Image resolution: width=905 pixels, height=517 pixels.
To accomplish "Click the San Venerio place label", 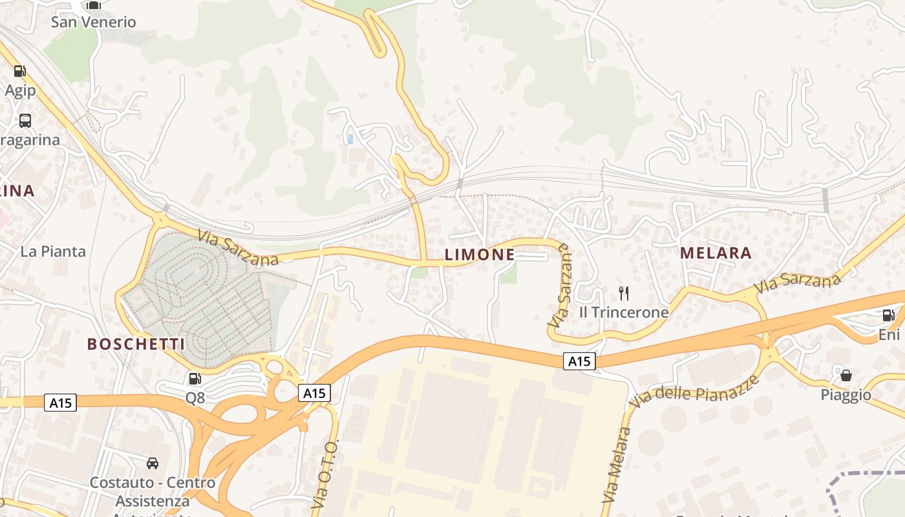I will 93,22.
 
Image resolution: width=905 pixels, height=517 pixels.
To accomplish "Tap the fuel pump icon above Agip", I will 20,71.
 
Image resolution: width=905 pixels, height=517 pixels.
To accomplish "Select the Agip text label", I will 20,90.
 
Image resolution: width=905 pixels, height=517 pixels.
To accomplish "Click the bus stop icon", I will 25,120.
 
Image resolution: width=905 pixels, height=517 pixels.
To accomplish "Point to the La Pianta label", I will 53,251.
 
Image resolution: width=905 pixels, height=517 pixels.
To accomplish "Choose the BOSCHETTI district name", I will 136,344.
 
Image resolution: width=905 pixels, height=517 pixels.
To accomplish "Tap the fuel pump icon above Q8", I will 195,379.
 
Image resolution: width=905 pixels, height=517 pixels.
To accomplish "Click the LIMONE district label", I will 480,255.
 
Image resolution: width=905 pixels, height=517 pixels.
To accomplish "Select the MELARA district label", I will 716,253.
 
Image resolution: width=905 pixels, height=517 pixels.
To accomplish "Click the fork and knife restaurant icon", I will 624,293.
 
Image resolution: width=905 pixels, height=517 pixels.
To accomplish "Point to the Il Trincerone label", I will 624,312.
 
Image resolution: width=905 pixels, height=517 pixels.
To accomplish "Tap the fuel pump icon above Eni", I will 889,315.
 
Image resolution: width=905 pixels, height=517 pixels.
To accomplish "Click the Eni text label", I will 889,334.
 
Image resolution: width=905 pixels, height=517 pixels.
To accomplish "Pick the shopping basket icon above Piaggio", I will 846,375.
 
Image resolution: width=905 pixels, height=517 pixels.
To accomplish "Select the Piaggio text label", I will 846,394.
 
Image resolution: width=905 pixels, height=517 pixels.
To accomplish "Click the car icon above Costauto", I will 153,463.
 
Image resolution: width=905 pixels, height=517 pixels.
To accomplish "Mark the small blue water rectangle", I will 350,139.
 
